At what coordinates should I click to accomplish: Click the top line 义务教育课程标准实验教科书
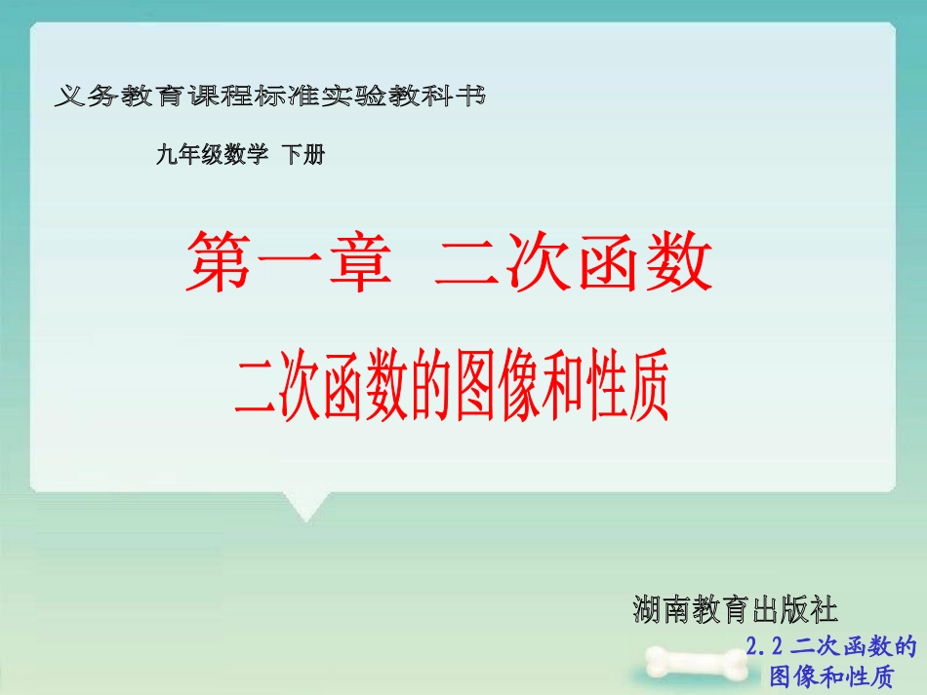pyautogui.click(x=271, y=97)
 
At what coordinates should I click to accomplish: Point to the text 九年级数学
pyautogui.click(x=211, y=155)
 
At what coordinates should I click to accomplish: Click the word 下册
pyautogui.click(x=302, y=155)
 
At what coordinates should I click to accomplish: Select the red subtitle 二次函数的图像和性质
pyautogui.click(x=451, y=389)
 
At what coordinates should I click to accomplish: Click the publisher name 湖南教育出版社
pyautogui.click(x=735, y=611)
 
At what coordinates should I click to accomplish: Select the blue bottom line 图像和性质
pyautogui.click(x=831, y=676)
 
